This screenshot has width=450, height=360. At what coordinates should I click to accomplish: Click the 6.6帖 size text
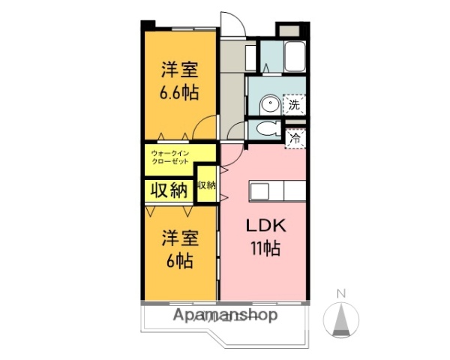(178, 94)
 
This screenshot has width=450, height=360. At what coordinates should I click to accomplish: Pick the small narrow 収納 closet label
(206, 185)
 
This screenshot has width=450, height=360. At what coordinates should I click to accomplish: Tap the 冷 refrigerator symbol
(295, 138)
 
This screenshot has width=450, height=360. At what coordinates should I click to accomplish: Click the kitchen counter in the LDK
(277, 191)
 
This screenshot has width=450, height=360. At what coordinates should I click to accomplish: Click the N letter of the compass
(340, 293)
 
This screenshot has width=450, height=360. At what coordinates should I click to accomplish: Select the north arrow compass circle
(340, 320)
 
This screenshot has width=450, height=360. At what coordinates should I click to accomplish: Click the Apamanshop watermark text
(225, 315)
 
